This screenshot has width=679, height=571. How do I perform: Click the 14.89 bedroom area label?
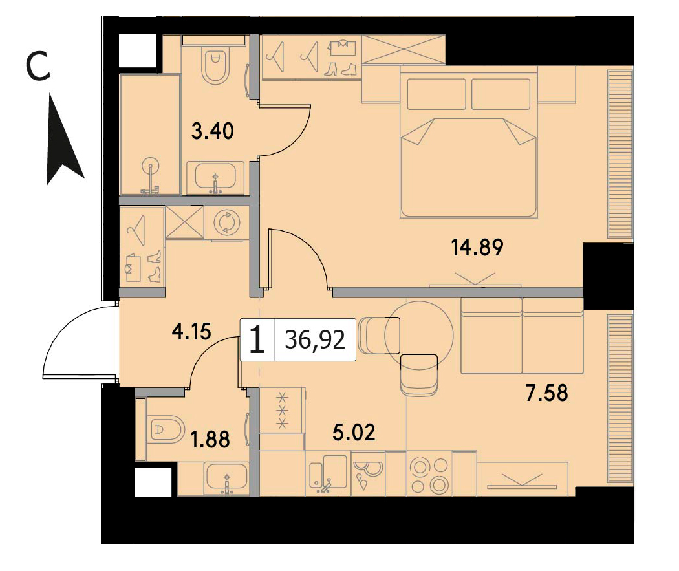pyautogui.click(x=477, y=248)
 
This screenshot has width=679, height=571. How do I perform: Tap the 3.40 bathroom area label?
pyautogui.click(x=213, y=131)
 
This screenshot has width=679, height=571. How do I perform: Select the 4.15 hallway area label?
pyautogui.click(x=191, y=332)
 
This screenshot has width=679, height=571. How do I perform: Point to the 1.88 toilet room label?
pyautogui.click(x=210, y=439)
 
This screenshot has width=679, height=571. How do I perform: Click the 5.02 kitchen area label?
pyautogui.click(x=354, y=433)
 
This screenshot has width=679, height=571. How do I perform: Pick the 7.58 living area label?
pyautogui.click(x=546, y=393)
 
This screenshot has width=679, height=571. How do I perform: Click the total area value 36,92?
pyautogui.click(x=315, y=340)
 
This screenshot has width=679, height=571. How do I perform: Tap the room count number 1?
pyautogui.click(x=257, y=339)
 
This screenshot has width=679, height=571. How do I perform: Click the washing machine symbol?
pyautogui.click(x=227, y=222)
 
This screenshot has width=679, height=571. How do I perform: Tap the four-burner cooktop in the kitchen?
pyautogui.click(x=429, y=475)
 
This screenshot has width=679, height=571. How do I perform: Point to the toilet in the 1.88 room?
pyautogui.click(x=164, y=429)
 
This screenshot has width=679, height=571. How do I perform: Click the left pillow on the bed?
pyautogui.click(x=436, y=94)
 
